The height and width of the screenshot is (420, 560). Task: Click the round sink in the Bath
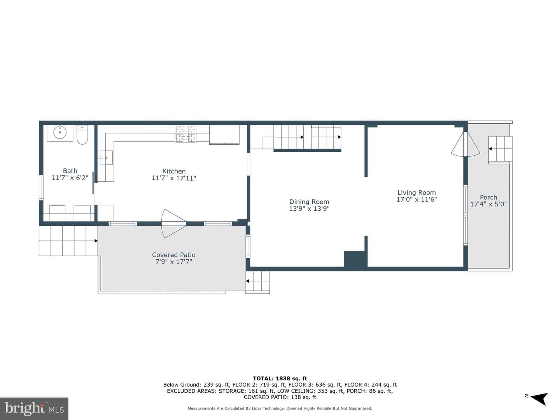(60, 133)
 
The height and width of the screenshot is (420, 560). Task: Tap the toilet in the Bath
(82, 135)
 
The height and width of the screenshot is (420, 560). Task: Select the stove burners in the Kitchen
(185, 134)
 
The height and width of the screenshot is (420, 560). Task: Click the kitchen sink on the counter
(106, 157)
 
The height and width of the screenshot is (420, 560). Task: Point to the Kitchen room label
(174, 171)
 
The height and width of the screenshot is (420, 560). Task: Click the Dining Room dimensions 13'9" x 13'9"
(309, 208)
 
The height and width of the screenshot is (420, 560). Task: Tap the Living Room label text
(416, 192)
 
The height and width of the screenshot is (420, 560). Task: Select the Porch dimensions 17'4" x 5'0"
(488, 204)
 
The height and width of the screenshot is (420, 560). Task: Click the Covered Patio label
(174, 255)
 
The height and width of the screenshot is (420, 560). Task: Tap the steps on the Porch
(500, 149)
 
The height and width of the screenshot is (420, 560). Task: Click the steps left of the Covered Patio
(68, 241)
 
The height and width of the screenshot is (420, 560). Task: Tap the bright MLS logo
(34, 409)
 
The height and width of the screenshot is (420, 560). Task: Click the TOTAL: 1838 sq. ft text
(280, 378)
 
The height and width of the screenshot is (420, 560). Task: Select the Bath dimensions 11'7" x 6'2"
(70, 178)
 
